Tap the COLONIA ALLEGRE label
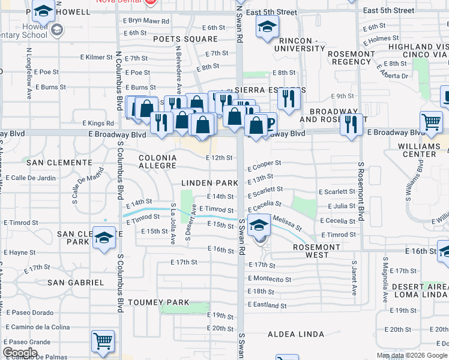(158, 161)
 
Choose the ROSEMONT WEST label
(317, 251)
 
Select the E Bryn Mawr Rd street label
(146, 20)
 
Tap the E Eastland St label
(267, 305)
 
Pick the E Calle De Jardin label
(30, 178)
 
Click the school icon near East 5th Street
(267, 26)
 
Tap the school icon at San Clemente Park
(104, 238)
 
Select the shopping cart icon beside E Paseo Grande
(103, 341)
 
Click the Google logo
(20, 352)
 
